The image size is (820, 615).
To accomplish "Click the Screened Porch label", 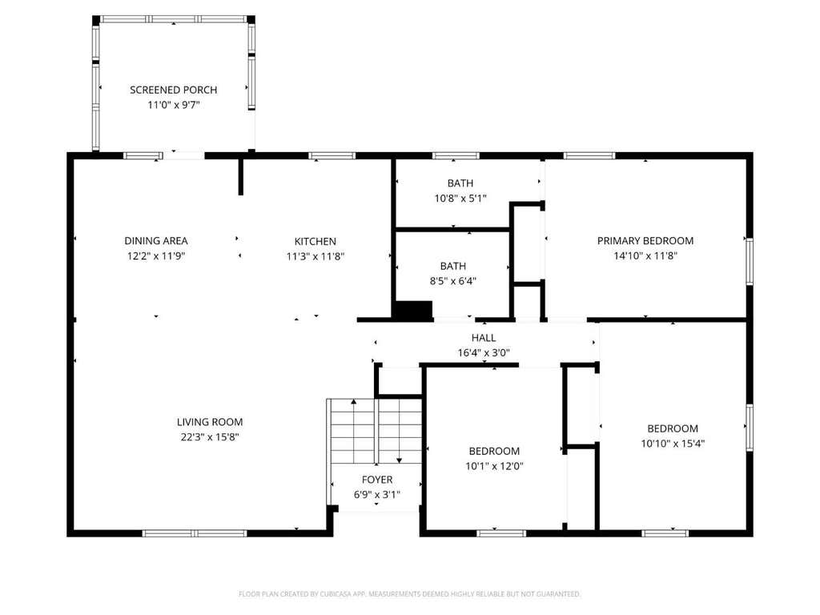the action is [173, 90].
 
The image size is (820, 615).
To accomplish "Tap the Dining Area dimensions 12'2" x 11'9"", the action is [156, 256].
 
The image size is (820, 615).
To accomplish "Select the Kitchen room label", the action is [316, 241].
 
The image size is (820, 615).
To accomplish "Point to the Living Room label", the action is [210, 422].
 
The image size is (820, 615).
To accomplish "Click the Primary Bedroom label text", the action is [645, 240].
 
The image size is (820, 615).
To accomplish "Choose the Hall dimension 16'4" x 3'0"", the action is [484, 353].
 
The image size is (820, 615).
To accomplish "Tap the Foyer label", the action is [377, 480].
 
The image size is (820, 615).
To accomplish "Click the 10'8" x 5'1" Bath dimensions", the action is [460, 199].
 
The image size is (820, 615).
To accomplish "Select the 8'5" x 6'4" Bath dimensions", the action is [453, 281].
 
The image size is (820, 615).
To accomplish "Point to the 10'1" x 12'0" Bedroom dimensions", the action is [494, 466].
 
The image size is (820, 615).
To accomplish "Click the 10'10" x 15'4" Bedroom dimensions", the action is [673, 444].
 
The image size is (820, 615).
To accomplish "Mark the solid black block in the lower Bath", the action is [412, 310].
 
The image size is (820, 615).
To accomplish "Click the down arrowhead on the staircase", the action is [400, 460].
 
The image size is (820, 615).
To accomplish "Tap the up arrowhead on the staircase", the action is [354, 402].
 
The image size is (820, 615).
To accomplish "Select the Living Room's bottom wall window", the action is [195, 533].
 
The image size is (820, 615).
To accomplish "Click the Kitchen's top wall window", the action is [332, 156].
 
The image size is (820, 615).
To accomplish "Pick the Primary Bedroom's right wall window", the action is [750, 262].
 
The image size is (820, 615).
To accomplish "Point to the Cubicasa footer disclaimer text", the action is [410, 594].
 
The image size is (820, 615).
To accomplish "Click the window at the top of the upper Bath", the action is [456, 156].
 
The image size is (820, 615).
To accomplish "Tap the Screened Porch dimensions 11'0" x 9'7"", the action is [174, 105].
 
